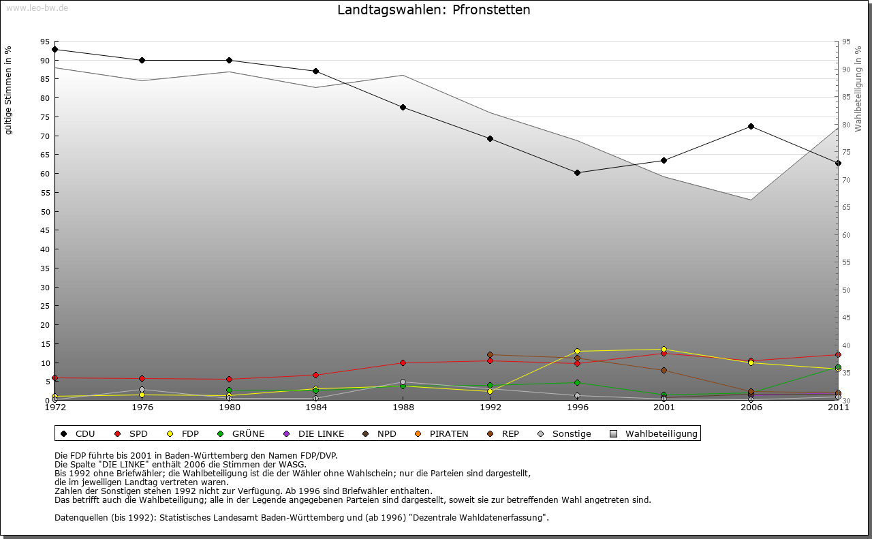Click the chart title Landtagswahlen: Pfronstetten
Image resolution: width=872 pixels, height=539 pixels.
[x=433, y=10]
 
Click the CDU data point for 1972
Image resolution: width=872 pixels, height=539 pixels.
[x=54, y=49]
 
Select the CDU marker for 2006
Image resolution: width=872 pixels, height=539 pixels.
[x=751, y=126]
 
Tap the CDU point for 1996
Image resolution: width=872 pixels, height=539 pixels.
[x=577, y=172]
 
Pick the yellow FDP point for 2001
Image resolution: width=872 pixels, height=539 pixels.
[x=664, y=350]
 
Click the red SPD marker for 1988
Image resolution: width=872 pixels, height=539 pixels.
[x=403, y=363]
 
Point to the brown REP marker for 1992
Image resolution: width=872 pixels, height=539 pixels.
[x=490, y=354]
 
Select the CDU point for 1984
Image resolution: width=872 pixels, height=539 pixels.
[x=315, y=71]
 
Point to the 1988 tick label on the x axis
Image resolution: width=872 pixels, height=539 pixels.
[x=403, y=407]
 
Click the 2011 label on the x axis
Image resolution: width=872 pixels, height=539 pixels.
[x=837, y=407]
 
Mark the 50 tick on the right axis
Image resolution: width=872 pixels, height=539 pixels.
[x=846, y=290]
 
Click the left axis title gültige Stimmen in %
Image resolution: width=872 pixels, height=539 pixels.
[x=9, y=90]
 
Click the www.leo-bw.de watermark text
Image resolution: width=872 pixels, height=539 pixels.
[x=37, y=7]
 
